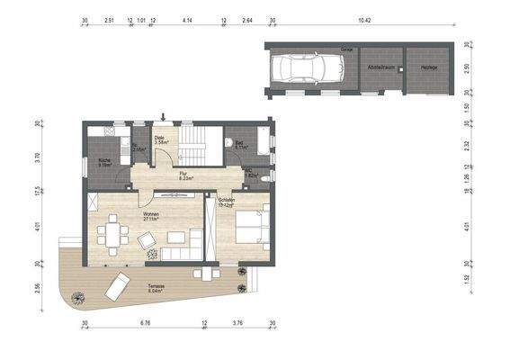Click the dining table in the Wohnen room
pyautogui.click(x=111, y=237)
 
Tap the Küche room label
pyautogui.click(x=105, y=163)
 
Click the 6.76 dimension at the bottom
pyautogui.click(x=145, y=322)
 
